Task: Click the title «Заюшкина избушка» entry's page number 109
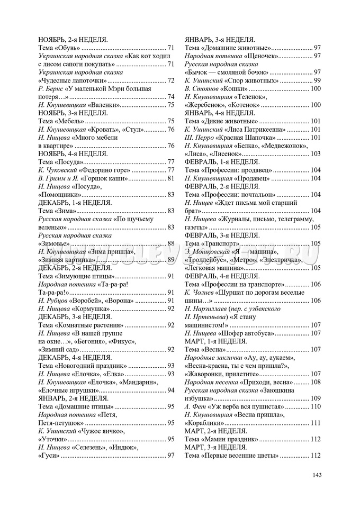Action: pos(316,398)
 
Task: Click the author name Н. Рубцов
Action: pos(53,300)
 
